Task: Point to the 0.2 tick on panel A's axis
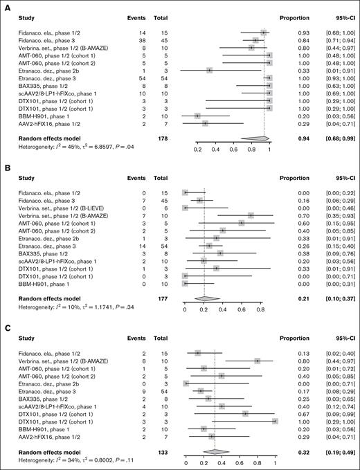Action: click(197, 149)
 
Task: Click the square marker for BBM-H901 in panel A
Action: click(197, 116)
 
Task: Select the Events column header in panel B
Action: click(137, 174)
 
